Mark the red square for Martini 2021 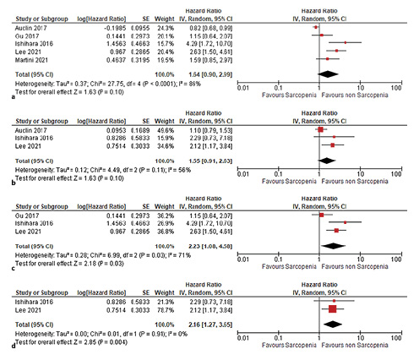coord(328,58)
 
